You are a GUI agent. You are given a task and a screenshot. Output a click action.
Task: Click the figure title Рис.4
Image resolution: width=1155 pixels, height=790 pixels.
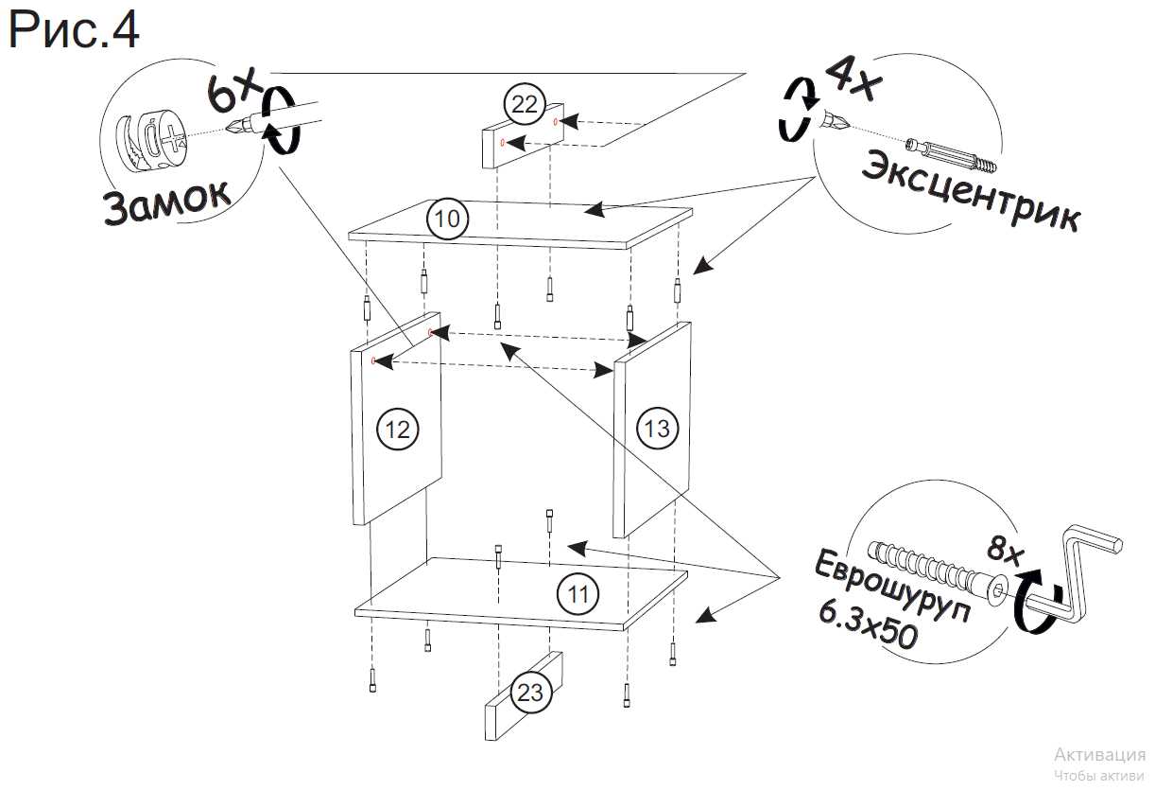(x=74, y=30)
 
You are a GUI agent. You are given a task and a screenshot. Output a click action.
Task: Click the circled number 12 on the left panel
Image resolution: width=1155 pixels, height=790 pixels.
(x=397, y=429)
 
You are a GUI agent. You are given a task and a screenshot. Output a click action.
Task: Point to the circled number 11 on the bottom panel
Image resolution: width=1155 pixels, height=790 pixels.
(x=577, y=594)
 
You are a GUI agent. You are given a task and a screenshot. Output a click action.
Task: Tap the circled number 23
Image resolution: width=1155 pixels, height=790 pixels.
(x=530, y=693)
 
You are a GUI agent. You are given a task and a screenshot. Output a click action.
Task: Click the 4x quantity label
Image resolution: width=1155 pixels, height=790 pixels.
(x=852, y=76)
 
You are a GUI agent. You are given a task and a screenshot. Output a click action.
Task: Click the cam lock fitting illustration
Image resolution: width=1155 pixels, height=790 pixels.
(x=151, y=141)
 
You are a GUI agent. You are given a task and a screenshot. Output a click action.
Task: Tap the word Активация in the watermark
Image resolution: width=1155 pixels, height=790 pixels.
(x=1099, y=755)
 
